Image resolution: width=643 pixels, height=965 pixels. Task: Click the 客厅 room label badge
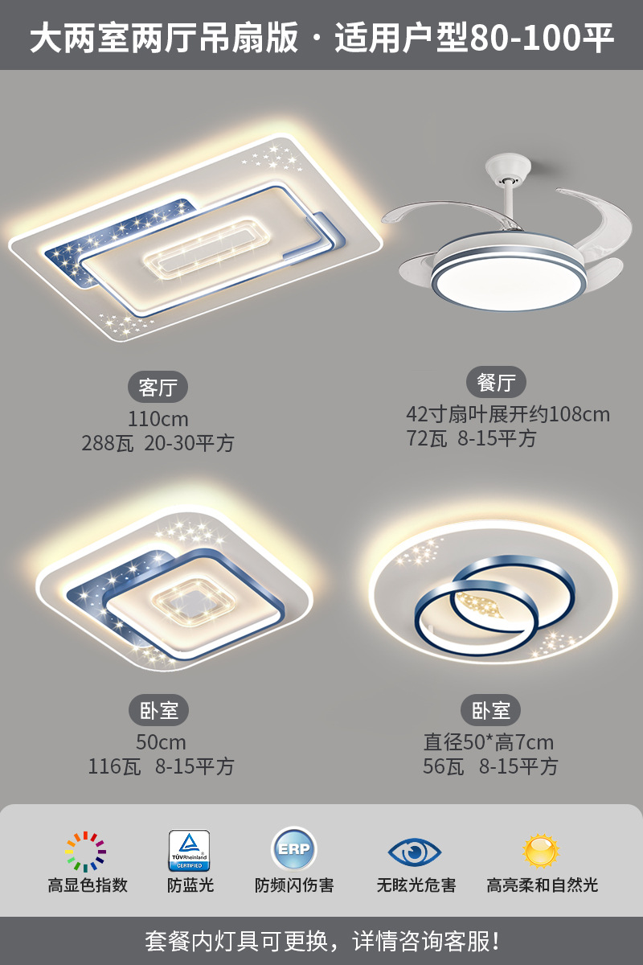pos(158,387)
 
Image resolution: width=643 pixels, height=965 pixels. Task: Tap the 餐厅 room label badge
pos(496,383)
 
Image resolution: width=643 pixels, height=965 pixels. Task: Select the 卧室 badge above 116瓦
pos(158,710)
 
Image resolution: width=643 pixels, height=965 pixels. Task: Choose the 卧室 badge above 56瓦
pos(490,710)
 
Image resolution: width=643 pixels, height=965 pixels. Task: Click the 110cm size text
pos(158,419)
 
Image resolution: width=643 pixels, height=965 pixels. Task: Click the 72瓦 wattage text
pos(427,439)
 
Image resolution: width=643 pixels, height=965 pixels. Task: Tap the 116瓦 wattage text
pos(114,766)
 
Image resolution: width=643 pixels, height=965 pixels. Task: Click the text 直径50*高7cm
pos(489,742)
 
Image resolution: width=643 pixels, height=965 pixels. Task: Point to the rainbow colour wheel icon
pos(86,852)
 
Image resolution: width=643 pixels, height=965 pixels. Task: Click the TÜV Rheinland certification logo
pos(189,851)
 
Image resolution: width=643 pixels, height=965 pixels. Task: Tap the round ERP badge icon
pos(294,850)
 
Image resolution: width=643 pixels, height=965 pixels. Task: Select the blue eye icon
pos(415,851)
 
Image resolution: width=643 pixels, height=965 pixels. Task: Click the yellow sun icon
pos(541,850)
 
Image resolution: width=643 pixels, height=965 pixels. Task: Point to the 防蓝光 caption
pos(190,885)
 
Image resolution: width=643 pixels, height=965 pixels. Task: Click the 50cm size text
pos(161,742)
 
